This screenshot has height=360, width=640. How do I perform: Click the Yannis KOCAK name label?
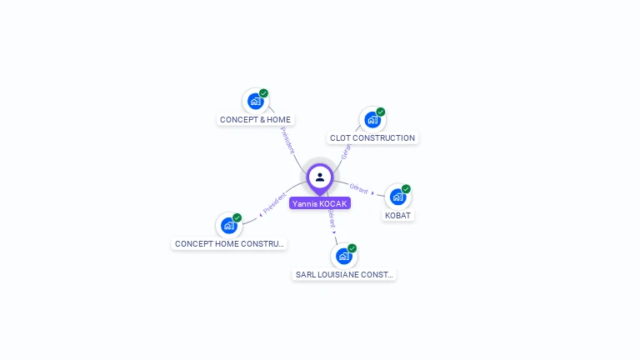(x=320, y=203)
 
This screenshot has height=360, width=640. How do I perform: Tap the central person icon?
(x=320, y=177)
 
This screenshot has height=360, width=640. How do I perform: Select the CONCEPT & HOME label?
(x=255, y=119)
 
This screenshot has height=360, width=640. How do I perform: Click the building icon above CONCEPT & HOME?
(x=255, y=102)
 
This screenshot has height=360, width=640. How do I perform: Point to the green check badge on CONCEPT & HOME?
(x=263, y=93)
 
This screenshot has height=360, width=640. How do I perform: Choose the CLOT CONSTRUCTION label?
(x=372, y=138)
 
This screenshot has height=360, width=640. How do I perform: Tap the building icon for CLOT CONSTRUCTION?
(x=372, y=120)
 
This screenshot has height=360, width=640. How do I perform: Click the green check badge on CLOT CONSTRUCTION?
(x=381, y=112)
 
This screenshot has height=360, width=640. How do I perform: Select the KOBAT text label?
(x=398, y=215)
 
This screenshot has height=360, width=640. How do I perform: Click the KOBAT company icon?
(x=397, y=197)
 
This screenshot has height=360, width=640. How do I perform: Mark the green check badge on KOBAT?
(x=406, y=189)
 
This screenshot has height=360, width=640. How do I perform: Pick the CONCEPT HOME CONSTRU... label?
(x=229, y=243)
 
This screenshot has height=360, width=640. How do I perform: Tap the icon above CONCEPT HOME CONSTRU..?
(x=228, y=226)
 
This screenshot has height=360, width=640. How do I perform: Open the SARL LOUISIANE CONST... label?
(x=344, y=274)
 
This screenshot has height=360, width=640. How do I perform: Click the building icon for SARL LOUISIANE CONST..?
(x=343, y=257)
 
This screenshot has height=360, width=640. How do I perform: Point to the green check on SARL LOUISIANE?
(x=352, y=248)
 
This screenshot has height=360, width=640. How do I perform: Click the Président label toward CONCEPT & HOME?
(x=287, y=140)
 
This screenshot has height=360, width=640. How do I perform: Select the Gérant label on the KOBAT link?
(x=359, y=189)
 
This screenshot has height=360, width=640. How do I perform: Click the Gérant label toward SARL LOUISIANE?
(x=331, y=219)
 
